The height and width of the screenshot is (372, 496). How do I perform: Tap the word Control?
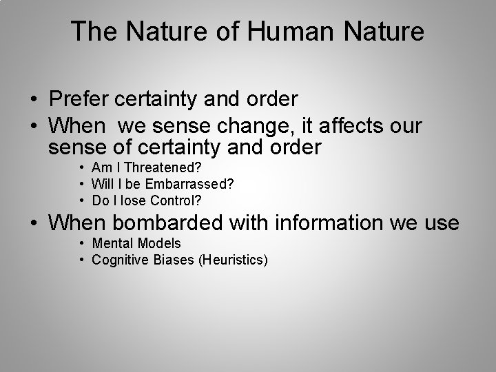coord(176,200)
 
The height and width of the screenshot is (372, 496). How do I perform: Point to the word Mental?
coord(112,243)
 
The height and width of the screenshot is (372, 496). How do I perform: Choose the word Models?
coord(159,243)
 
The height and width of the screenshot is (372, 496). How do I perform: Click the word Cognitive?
coord(118,260)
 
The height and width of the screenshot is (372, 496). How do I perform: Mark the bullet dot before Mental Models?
coord(81,244)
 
